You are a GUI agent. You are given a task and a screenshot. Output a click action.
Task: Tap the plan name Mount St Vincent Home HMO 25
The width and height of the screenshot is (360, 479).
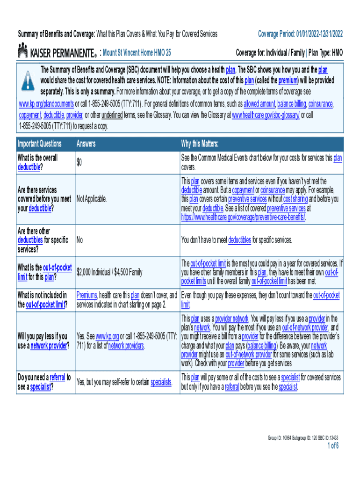[137, 52]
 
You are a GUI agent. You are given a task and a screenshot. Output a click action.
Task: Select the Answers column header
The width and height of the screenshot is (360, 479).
[86, 144]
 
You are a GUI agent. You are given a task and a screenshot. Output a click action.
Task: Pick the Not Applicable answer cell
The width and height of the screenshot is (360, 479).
[92, 199]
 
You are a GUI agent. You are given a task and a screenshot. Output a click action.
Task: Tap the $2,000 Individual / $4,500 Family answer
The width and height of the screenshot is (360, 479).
[109, 272]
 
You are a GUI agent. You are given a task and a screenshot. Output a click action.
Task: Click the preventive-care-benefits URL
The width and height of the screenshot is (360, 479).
[243, 217]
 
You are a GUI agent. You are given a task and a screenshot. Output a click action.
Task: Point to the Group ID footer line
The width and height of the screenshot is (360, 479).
[303, 438]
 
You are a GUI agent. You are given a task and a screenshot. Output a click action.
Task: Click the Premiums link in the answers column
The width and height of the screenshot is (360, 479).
[87, 295]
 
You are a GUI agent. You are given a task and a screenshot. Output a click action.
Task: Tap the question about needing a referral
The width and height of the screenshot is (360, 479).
[44, 381]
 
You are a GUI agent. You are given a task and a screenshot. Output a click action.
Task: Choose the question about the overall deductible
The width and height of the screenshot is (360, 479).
[37, 162]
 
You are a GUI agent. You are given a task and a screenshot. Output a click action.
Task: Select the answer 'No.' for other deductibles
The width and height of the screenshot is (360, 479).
[80, 240]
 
